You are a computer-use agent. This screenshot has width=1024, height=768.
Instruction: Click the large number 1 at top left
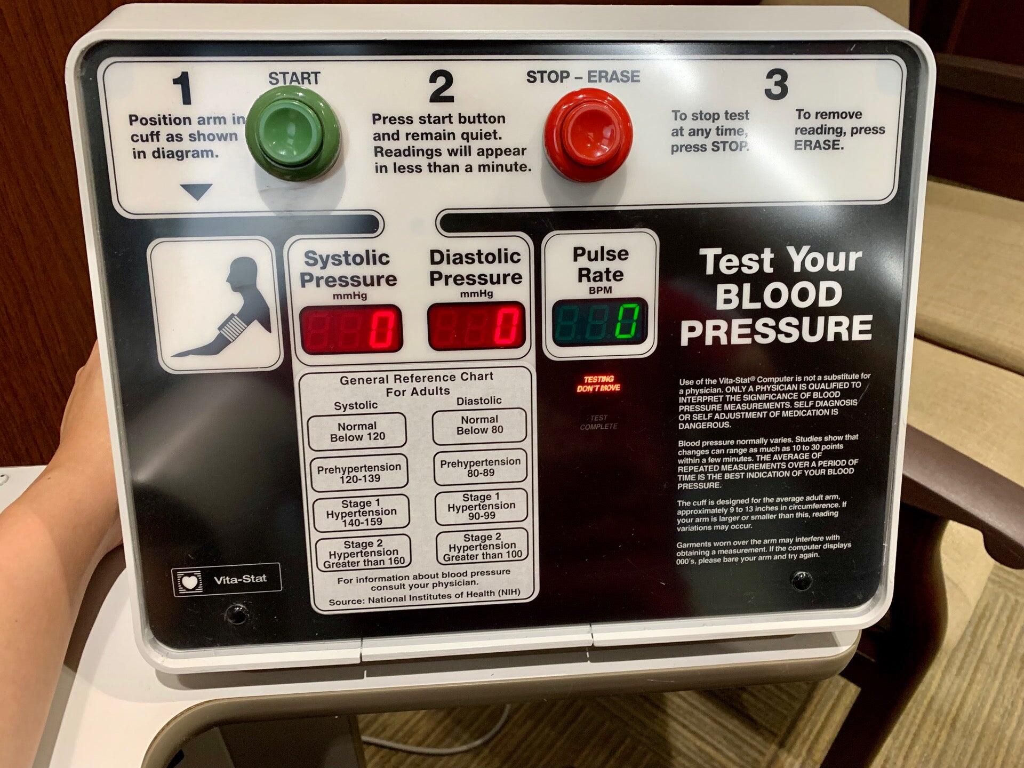pos(182,89)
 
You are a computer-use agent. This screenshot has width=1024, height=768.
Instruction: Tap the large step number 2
pos(441,87)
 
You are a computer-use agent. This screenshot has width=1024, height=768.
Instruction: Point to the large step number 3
pos(776,84)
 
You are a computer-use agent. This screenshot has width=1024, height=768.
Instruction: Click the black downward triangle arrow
pos(197,191)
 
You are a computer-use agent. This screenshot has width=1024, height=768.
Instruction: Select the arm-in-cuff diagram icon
pos(215,303)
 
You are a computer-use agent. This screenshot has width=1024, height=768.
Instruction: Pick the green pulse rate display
pos(600,322)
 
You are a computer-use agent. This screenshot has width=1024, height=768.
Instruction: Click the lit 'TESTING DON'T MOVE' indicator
pos(598,383)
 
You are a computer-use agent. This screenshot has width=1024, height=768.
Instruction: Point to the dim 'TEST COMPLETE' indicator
pos(598,422)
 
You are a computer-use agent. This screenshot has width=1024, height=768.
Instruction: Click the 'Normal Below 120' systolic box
pos(357,431)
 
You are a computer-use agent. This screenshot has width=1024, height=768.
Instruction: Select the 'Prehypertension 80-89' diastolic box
pos(480,467)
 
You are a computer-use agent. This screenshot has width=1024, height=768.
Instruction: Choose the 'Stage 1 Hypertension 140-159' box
pos(361,513)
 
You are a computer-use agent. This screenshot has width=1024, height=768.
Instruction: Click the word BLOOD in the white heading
pos(778,295)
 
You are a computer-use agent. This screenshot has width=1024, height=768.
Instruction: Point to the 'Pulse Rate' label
pos(601,265)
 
